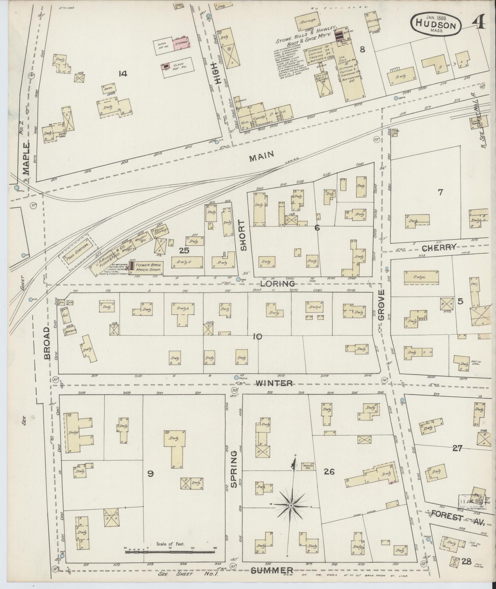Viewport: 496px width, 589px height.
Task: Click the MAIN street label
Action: pos(261,157)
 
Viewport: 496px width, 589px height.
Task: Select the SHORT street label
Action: pos(244,236)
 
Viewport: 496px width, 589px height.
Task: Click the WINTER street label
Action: pos(274,383)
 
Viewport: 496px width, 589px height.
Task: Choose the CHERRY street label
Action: pos(439,247)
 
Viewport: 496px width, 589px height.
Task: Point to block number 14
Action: pos(124,74)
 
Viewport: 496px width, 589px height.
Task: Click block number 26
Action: pos(329,471)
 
